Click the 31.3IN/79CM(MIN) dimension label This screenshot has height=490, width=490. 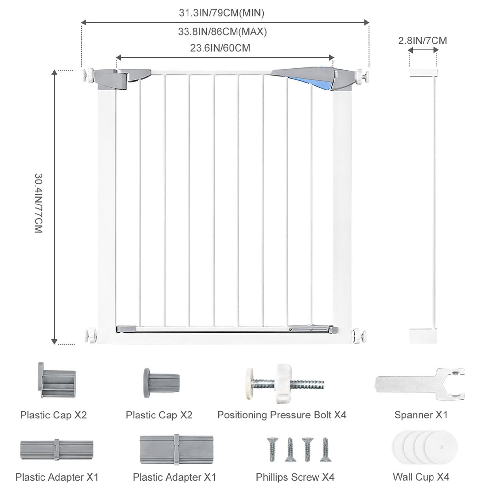click(x=221, y=13)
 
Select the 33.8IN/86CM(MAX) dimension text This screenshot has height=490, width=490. click(x=222, y=32)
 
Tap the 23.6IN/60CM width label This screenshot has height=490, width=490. click(x=220, y=48)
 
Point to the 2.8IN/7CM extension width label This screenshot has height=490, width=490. click(x=422, y=41)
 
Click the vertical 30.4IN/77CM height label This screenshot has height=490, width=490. click(x=39, y=203)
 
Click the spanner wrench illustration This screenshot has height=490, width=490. click(x=420, y=384)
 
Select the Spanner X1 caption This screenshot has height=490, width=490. click(x=421, y=415)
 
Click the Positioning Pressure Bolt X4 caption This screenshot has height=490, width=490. click(x=282, y=415)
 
